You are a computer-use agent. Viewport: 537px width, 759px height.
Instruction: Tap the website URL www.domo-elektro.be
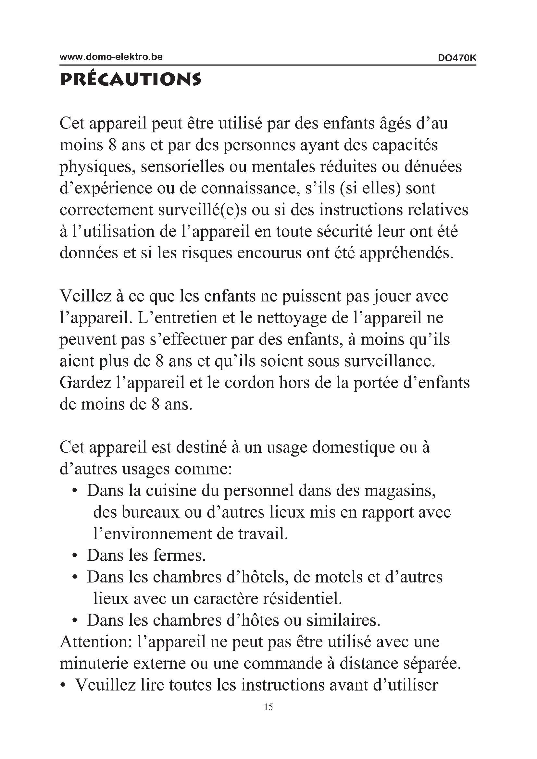point(111,57)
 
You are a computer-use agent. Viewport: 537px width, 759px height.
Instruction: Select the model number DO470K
point(457,58)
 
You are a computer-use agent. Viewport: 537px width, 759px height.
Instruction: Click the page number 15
point(268,707)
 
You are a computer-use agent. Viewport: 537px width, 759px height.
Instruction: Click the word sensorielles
point(182,166)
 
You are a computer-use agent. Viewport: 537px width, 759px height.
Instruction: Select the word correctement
point(106,210)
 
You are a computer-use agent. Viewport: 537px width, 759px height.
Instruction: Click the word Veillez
point(85,296)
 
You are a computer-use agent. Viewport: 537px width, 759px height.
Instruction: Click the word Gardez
point(85,383)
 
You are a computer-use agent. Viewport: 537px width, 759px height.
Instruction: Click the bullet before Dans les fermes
point(75,557)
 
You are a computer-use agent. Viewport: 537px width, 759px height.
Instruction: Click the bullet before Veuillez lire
point(63,685)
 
